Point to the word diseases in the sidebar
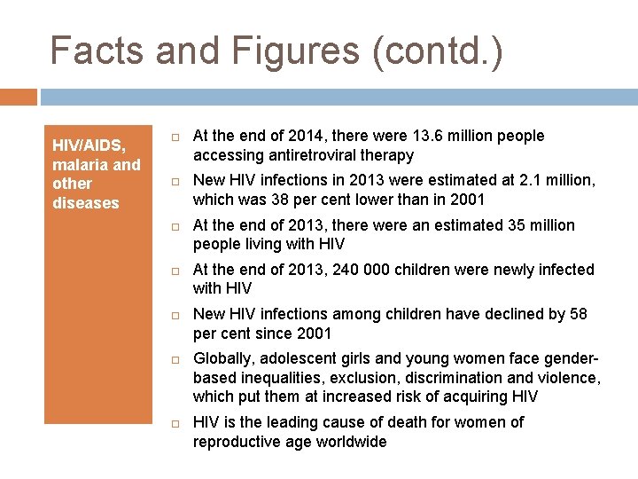(85, 203)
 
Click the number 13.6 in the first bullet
(430, 136)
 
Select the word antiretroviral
(308, 155)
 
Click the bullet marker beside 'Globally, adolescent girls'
(175, 359)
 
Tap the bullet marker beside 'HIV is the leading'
(175, 423)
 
